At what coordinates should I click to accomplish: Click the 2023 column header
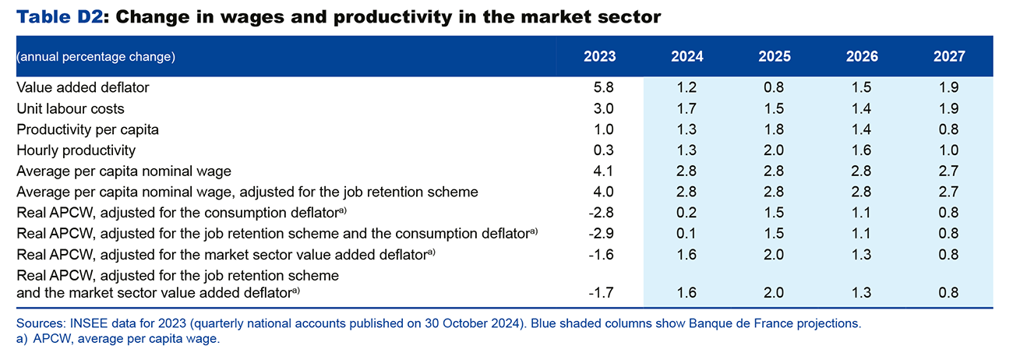pyautogui.click(x=599, y=57)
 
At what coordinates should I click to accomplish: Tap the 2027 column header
pyautogui.click(x=949, y=57)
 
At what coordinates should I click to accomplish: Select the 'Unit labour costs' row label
pyautogui.click(x=70, y=109)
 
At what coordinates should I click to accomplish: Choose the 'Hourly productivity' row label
pyautogui.click(x=76, y=150)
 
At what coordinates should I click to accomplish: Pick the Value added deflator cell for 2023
pyautogui.click(x=605, y=88)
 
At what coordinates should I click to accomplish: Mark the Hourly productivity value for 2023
pyautogui.click(x=605, y=150)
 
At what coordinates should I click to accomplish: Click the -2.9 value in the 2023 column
pyautogui.click(x=602, y=234)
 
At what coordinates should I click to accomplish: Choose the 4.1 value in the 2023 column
pyautogui.click(x=605, y=171)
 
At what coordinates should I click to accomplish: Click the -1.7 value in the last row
pyautogui.click(x=602, y=293)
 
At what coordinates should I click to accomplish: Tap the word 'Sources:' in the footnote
pyautogui.click(x=41, y=323)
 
